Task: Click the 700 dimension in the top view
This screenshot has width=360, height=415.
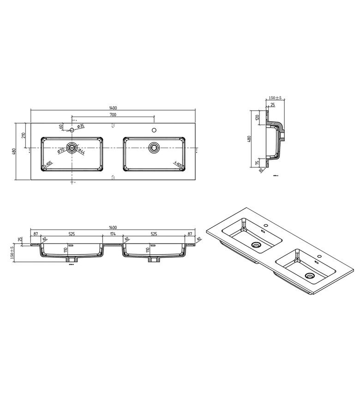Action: [x=113, y=114]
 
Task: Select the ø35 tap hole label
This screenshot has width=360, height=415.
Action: [x=80, y=126]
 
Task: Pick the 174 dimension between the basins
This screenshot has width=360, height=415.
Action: [x=113, y=234]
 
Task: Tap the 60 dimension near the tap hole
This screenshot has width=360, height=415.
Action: [x=61, y=126]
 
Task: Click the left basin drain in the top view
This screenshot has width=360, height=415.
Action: [x=72, y=148]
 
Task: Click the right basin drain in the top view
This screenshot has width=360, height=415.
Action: [x=154, y=148]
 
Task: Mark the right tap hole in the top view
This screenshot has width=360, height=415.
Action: [x=154, y=130]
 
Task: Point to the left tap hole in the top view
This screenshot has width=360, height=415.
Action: [x=72, y=130]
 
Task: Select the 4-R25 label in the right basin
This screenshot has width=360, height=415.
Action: [x=178, y=164]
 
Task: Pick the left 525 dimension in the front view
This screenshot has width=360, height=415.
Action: [x=72, y=234]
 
